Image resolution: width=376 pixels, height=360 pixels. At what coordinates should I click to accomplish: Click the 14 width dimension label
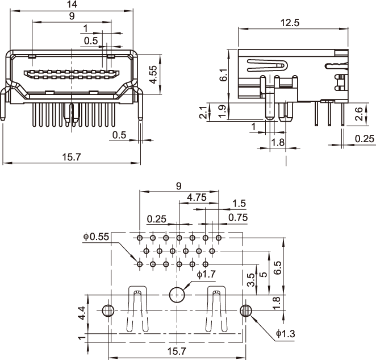click(x=72, y=4)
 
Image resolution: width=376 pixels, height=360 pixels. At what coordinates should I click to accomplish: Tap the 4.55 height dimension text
click(x=153, y=75)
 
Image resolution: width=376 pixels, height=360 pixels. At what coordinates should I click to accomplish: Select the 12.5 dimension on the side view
click(x=290, y=23)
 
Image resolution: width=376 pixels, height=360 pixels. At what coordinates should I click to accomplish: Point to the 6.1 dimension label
click(x=223, y=75)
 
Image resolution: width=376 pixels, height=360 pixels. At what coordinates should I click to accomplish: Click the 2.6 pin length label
click(x=359, y=114)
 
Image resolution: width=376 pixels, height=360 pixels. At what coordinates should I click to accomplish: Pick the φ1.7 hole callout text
click(x=206, y=274)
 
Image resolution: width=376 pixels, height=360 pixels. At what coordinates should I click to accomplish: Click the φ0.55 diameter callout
click(x=96, y=237)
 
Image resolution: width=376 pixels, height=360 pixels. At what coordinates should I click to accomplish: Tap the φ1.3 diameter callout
click(x=285, y=334)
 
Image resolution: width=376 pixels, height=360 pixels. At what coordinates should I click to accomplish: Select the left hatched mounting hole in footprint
click(x=108, y=311)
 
